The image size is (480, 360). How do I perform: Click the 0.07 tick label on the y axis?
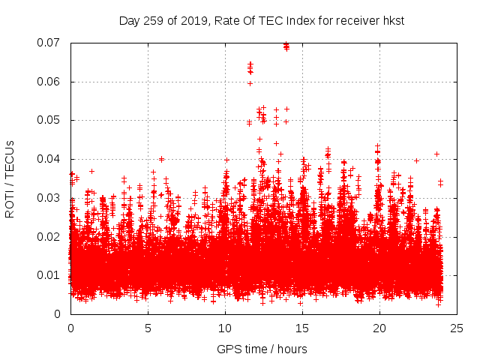tap(51, 43)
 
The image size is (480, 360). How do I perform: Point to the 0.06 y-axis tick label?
tap(51, 82)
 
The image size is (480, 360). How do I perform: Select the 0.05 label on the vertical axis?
tap(51, 120)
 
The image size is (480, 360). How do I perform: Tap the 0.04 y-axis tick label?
tap(51, 159)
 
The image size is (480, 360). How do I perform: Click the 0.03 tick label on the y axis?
tap(51, 198)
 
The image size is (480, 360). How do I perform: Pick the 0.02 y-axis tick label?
tap(51, 236)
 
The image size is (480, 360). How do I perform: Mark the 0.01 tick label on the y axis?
tap(51, 275)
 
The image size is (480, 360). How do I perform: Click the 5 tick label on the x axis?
tap(148, 328)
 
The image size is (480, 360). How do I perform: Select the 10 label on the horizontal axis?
tap(225, 328)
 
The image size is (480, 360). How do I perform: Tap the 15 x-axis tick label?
tap(302, 328)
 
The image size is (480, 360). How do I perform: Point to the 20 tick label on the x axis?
tap(379, 328)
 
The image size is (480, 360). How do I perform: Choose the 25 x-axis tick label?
tap(457, 328)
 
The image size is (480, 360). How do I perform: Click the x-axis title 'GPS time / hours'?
tap(262, 349)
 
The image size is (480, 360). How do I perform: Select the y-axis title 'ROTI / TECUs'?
tap(10, 178)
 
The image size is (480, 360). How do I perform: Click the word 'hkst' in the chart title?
tap(391, 20)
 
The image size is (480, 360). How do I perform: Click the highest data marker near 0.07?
tap(286, 45)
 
